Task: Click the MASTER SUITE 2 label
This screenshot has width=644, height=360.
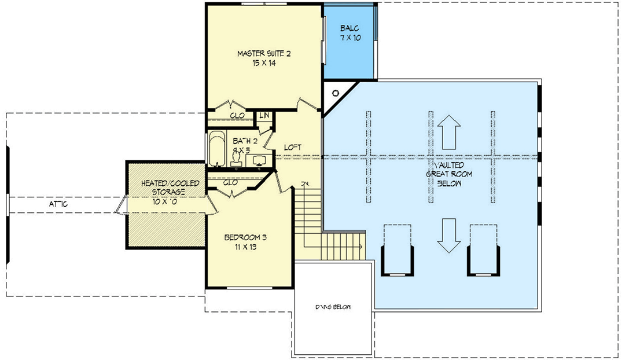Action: (x=263, y=54)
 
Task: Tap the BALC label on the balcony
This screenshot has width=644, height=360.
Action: (x=349, y=28)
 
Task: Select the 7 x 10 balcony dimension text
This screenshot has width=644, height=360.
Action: (x=349, y=38)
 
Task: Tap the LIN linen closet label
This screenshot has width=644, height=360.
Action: (x=264, y=116)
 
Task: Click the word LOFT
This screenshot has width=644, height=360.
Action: (x=293, y=148)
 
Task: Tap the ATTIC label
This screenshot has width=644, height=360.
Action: (x=58, y=205)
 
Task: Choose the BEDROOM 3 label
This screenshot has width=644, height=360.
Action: (x=245, y=237)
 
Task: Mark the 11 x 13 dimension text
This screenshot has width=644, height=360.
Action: (x=245, y=247)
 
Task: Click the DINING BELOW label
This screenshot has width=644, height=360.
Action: (x=332, y=307)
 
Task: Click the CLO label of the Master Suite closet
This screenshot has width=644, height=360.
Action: (x=237, y=115)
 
